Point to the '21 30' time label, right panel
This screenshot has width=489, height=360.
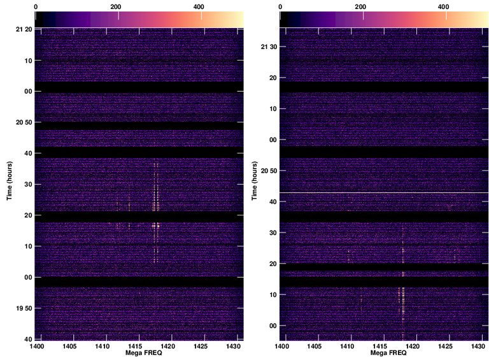pyautogui.click(x=269, y=47)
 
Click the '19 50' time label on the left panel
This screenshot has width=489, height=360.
pyautogui.click(x=24, y=308)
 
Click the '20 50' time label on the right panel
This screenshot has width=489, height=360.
pyautogui.click(x=269, y=170)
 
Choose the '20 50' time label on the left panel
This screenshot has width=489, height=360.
pyautogui.click(x=24, y=122)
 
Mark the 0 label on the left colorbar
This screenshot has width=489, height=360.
pyautogui.click(x=36, y=6)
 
